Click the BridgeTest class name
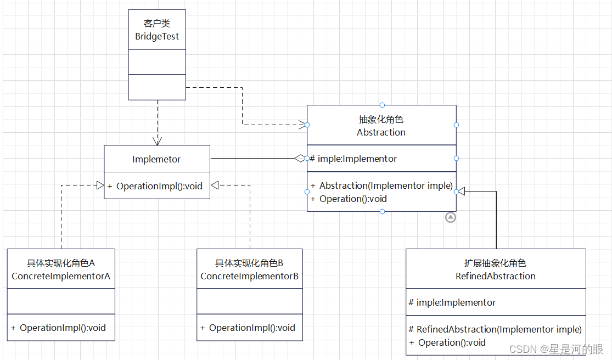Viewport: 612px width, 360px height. click(157, 37)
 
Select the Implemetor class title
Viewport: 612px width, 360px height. click(156, 159)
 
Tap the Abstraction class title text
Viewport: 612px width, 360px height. click(381, 132)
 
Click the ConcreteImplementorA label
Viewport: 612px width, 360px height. click(61, 276)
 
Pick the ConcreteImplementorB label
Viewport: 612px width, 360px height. click(249, 276)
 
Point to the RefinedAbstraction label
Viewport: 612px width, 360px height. click(495, 276)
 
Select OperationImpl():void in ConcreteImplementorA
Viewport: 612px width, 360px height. click(63, 328)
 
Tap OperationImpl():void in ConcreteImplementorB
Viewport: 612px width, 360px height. click(252, 328)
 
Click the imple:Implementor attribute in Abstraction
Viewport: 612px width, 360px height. click(357, 159)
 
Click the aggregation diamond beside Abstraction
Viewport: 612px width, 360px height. click(300, 159)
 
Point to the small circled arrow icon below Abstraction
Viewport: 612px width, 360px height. click(451, 217)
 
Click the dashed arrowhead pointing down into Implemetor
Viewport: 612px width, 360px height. click(157, 141)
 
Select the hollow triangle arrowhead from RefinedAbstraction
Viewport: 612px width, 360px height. click(462, 191)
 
